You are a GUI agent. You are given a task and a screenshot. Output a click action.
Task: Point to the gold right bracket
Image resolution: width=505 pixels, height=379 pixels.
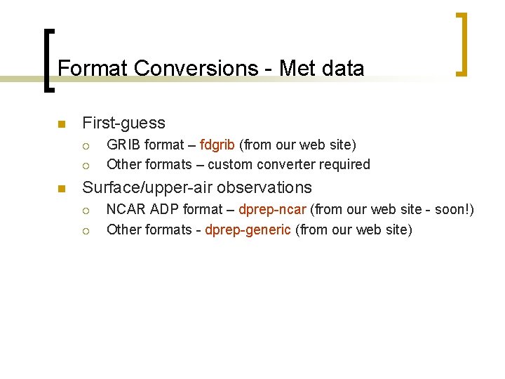(x=462, y=44)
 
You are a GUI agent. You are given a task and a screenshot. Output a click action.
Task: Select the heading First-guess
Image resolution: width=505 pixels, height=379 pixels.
(x=123, y=123)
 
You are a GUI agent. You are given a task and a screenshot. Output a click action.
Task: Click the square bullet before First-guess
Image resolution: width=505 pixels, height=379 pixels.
(x=61, y=124)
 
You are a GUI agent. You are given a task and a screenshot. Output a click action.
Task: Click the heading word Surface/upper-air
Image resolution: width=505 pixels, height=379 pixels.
(x=148, y=187)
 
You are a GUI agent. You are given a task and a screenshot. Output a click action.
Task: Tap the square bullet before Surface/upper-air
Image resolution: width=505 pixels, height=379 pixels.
(x=61, y=189)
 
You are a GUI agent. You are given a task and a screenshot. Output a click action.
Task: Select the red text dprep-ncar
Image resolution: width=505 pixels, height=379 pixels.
(x=272, y=210)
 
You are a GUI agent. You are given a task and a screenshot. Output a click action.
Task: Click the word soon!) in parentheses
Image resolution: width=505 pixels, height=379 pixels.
(x=454, y=210)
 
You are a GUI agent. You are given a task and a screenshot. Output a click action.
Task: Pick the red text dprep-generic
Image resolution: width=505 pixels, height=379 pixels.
(x=248, y=230)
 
